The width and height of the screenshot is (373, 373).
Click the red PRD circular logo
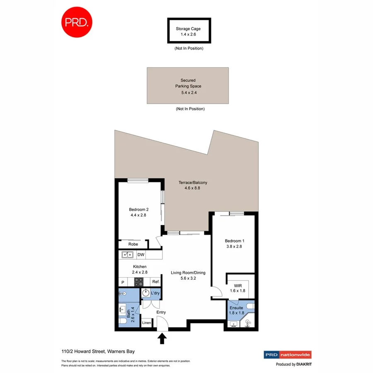point(77,22)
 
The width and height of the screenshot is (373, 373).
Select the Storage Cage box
point(189,31)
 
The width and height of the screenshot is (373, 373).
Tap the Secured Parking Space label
point(188,86)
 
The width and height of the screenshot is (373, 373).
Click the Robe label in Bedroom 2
point(133,244)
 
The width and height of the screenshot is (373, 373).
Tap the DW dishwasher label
point(141,255)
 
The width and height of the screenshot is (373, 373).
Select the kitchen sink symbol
point(127,255)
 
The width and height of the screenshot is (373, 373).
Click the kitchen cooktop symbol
point(138,282)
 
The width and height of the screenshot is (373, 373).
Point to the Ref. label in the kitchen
point(156,282)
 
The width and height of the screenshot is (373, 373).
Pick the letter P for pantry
point(123,282)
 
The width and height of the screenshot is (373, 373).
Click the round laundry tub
point(146,293)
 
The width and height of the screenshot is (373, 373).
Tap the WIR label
point(237,285)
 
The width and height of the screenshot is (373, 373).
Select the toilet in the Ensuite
point(250,307)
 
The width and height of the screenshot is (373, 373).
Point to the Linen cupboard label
point(146,322)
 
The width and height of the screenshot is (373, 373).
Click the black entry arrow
point(162,339)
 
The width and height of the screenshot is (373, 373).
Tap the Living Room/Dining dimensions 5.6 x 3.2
point(188,279)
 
